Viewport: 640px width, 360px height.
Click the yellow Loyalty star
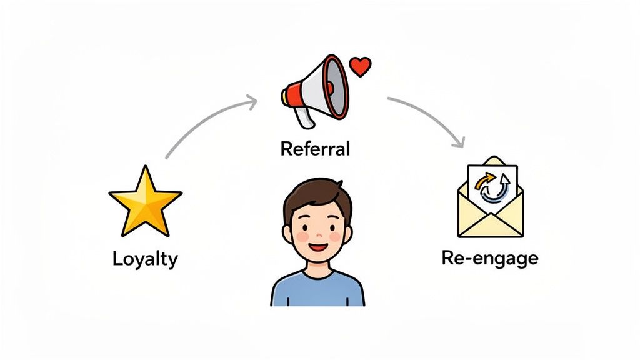(145, 201)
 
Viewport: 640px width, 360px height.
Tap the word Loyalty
(145, 259)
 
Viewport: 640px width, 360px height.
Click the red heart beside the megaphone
(361, 66)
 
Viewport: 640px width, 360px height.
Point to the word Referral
(315, 149)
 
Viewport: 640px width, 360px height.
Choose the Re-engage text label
(489, 258)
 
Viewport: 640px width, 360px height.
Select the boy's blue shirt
(317, 291)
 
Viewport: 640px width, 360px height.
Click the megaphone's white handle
(304, 116)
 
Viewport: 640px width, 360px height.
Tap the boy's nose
(317, 236)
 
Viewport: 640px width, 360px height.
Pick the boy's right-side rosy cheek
(336, 237)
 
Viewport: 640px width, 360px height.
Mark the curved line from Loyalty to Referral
(200, 125)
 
